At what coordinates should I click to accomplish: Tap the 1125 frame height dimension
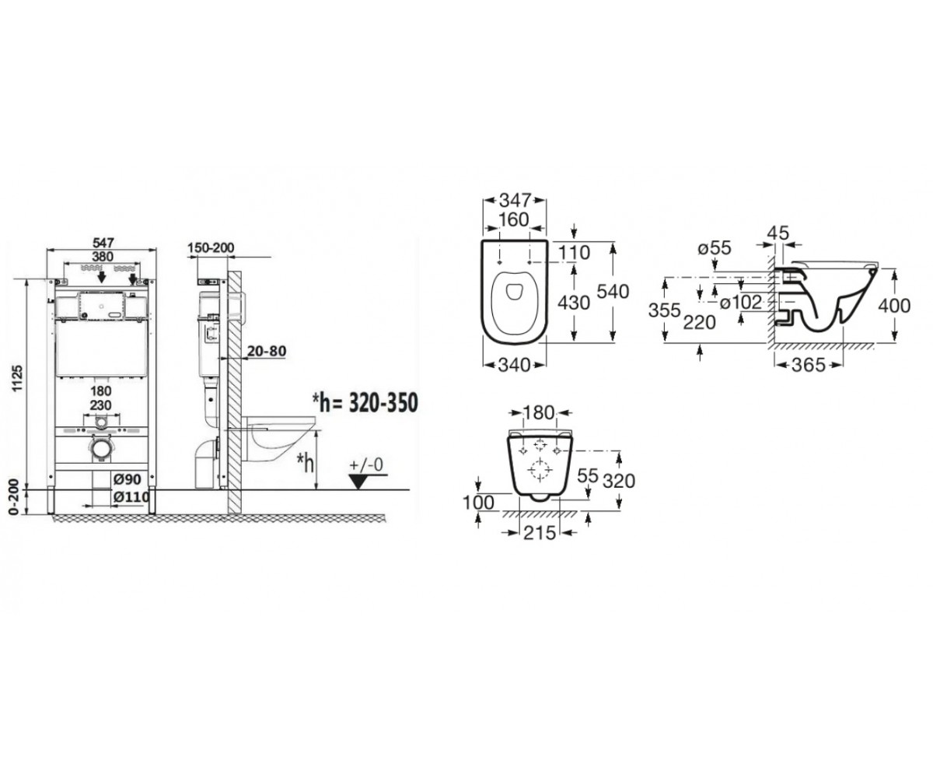tap(17, 378)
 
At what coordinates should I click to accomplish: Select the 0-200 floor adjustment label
tap(14, 497)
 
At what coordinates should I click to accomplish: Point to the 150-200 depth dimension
tap(211, 247)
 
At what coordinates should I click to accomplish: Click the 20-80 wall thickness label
tap(267, 351)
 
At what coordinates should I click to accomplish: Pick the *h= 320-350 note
tap(365, 402)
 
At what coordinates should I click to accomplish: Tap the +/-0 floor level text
tap(366, 465)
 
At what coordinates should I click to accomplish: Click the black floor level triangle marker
tap(358, 482)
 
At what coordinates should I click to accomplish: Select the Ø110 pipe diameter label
tap(131, 497)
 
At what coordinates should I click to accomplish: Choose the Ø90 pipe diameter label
tap(128, 479)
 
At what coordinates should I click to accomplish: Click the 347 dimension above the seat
tap(515, 200)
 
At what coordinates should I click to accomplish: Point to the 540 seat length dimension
tap(613, 292)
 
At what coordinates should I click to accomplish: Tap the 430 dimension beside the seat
tap(574, 303)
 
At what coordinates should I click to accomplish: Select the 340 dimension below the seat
tap(514, 366)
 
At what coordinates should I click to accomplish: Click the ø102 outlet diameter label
tap(740, 303)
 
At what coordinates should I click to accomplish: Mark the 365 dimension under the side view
tap(808, 366)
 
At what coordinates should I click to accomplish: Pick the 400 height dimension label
tap(894, 306)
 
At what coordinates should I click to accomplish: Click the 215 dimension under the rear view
tap(540, 532)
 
